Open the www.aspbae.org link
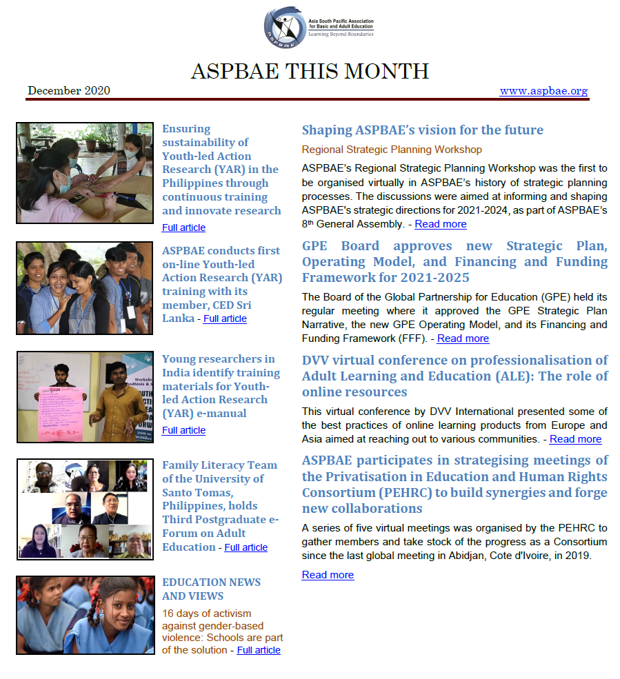coord(543,91)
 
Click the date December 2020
coord(69,91)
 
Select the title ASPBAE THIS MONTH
coord(310,71)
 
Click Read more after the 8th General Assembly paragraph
coord(440,224)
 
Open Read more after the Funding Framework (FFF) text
coord(463,338)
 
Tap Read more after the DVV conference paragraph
coord(575,439)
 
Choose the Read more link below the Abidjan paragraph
coord(328,575)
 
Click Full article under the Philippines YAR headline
coord(183,227)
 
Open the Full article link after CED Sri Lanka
coord(225,318)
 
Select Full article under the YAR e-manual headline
coord(183,430)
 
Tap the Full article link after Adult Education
coord(246,547)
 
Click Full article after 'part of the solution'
coord(259,650)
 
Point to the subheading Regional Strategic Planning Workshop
coord(392,149)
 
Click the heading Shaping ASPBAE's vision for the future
coord(422,130)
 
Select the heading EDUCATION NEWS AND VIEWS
coord(211,589)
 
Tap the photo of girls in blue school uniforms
coord(85,615)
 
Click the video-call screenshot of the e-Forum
coord(85,509)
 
